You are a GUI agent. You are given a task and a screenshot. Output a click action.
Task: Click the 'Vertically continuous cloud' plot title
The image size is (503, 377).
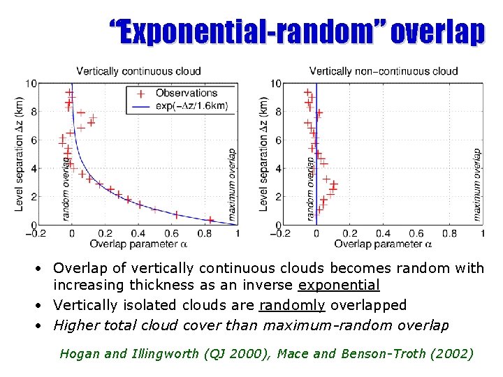click(138, 71)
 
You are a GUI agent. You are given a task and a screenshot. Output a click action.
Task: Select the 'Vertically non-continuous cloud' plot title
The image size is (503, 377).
click(384, 71)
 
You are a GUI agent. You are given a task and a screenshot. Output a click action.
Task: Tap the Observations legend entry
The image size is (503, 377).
click(186, 93)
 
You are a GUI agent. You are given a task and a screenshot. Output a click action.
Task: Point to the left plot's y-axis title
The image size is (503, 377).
click(20, 154)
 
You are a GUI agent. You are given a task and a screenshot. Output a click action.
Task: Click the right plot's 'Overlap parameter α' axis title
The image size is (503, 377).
click(383, 244)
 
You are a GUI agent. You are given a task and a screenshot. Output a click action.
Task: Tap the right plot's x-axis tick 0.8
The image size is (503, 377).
click(450, 234)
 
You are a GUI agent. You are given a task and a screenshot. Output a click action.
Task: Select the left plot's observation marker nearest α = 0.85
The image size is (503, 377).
click(210, 220)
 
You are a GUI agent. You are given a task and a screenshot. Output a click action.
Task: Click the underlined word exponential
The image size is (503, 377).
click(340, 285)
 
